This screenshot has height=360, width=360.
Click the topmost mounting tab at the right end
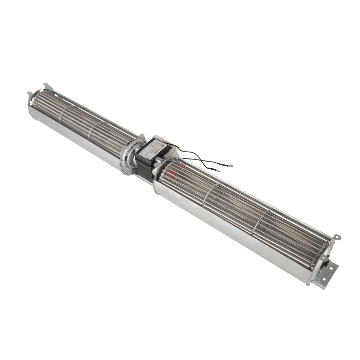pos(336,238)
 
